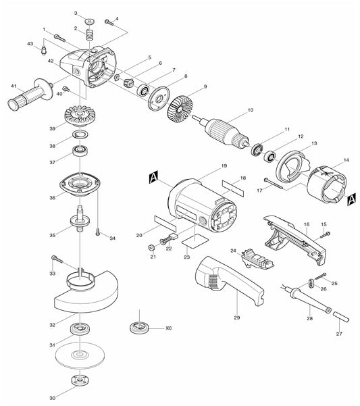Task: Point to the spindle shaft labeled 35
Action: (80, 222)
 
